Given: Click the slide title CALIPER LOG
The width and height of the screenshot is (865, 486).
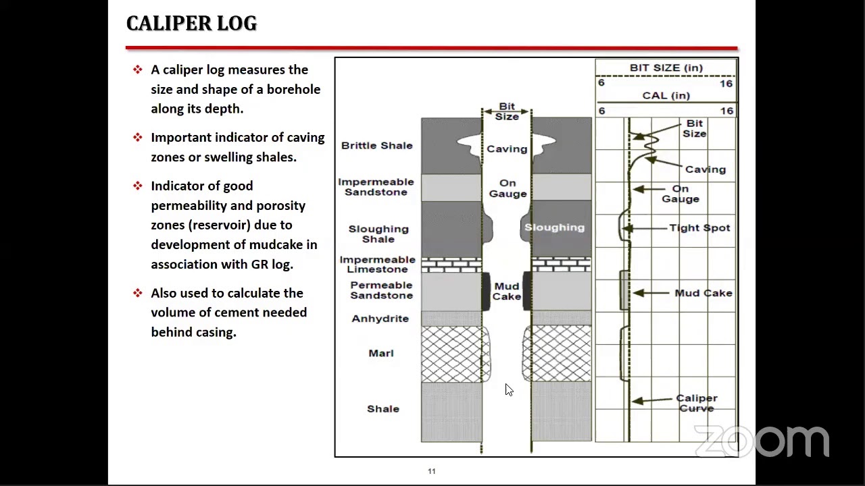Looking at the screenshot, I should tap(191, 24).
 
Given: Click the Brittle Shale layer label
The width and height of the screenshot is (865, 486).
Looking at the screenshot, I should tap(376, 146).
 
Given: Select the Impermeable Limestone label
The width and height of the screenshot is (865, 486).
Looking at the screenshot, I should tap(377, 265).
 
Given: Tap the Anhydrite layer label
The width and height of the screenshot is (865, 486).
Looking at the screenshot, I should tap(380, 319).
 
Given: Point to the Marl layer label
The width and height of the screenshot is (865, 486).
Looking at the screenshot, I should tap(381, 353).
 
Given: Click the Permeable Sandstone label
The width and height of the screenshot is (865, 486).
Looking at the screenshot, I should tap(381, 290).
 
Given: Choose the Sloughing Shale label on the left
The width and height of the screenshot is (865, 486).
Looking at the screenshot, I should tap(378, 234).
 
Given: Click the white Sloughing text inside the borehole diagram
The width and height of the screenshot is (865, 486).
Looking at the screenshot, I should tap(554, 227).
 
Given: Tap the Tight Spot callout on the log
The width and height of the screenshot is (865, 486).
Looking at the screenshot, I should tap(699, 228).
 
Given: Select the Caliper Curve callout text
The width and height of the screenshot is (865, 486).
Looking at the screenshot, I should tap(697, 403).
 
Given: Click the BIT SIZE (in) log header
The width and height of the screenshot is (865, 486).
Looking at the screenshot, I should tap(666, 68).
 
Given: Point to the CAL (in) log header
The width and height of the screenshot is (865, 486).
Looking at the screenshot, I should tap(666, 96).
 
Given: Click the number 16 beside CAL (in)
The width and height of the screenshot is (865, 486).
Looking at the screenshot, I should tap(726, 111).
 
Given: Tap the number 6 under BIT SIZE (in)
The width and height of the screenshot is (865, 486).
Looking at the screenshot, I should tap(601, 83).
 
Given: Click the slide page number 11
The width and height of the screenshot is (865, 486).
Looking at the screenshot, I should tap(432, 471).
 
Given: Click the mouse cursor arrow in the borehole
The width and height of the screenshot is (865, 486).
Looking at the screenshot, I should tap(508, 389).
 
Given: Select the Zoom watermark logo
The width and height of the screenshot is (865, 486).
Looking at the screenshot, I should tap(762, 441).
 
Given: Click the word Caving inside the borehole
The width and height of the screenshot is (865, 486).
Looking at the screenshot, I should tap(507, 149).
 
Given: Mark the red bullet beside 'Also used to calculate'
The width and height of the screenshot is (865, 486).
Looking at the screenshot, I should tap(138, 293).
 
